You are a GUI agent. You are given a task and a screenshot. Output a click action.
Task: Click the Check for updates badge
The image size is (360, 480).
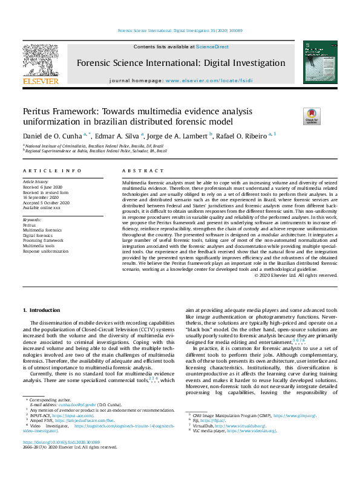point(312,116)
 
